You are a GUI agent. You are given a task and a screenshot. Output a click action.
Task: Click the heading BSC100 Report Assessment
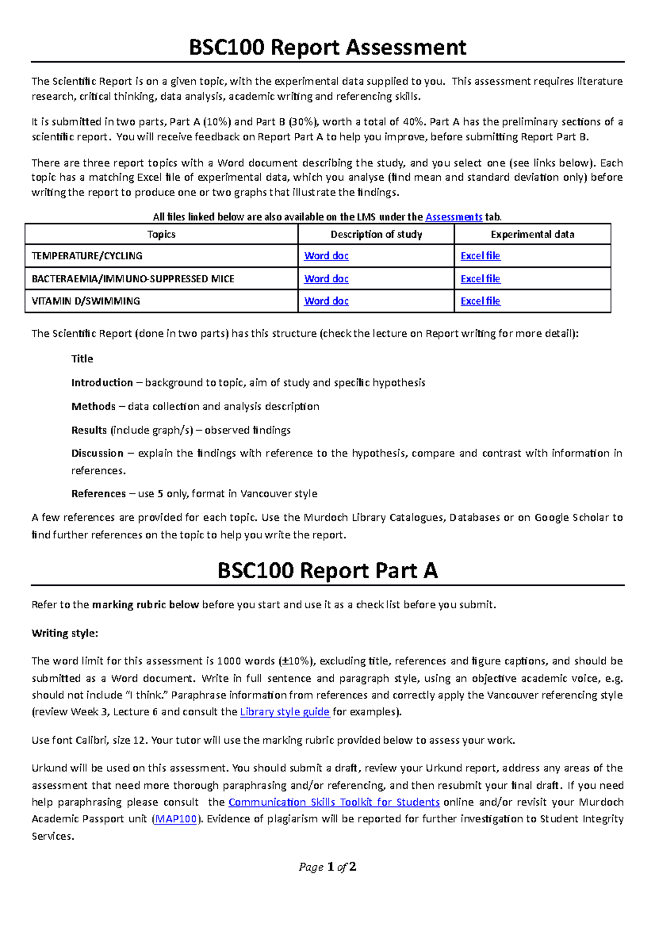327,47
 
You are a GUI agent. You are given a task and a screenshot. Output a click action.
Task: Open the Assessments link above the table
454,217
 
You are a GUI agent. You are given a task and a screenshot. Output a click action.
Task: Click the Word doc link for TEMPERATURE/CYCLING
326,255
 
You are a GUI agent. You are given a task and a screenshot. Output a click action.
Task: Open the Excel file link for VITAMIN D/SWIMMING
480,301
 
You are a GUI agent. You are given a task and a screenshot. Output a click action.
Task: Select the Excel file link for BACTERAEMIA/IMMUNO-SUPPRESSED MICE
480,278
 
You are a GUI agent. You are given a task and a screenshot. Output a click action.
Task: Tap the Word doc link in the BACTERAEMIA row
326,278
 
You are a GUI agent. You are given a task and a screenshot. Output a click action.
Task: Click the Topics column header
161,234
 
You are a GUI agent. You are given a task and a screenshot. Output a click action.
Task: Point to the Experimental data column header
532,234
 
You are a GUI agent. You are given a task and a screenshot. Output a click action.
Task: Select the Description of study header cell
376,234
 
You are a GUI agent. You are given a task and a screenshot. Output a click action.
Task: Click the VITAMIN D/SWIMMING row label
86,301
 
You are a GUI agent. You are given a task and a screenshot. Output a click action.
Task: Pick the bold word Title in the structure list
82,359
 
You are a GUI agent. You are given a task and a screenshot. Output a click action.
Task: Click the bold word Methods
93,406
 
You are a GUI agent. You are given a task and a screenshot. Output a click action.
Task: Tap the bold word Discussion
97,453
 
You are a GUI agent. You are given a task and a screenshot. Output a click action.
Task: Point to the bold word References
98,494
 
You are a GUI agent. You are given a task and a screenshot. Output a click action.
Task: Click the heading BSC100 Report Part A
327,571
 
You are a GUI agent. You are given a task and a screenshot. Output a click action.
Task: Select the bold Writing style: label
64,633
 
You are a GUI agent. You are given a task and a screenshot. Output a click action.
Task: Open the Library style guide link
284,712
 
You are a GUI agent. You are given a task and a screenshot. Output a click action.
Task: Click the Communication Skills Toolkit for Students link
334,802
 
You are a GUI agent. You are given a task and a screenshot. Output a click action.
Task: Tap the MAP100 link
176,819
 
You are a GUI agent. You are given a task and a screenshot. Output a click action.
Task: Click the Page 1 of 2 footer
327,867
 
